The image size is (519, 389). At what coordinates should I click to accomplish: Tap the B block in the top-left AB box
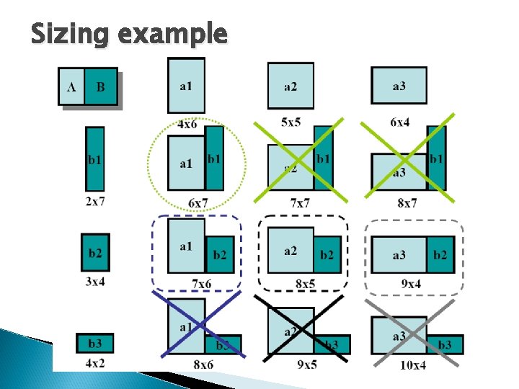[100, 86]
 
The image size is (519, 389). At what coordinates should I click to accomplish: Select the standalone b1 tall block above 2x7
[94, 159]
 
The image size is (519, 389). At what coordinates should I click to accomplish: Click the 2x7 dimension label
[94, 201]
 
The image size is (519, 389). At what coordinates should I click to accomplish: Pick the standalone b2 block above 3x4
[95, 252]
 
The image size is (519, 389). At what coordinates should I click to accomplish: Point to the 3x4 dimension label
[94, 281]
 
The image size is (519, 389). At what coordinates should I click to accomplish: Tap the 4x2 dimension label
[94, 362]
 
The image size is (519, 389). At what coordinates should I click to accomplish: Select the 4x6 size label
[187, 124]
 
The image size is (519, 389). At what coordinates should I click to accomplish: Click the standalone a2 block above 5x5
[290, 86]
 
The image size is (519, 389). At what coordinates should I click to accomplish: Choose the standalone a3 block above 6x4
[399, 85]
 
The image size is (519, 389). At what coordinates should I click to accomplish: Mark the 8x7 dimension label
[407, 203]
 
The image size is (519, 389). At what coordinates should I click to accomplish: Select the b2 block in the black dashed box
[327, 254]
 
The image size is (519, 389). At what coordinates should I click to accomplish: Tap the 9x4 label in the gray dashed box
[411, 283]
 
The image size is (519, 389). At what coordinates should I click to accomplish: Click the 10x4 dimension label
[413, 365]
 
